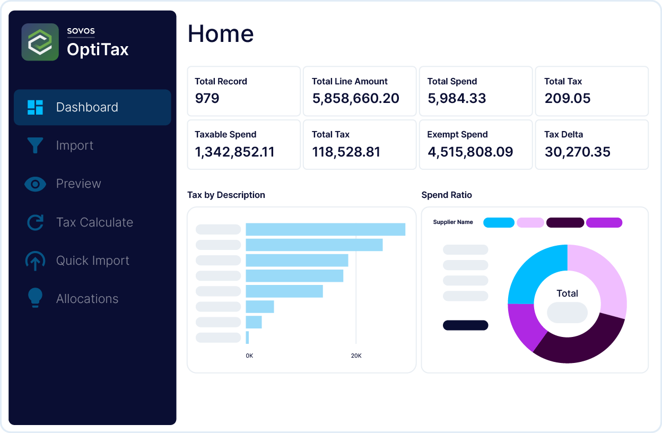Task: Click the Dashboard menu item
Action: point(87,107)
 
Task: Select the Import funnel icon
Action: point(35,145)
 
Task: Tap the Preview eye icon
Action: point(35,184)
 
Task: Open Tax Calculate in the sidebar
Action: point(94,222)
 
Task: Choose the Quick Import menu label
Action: point(93,261)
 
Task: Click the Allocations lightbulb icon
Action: point(35,298)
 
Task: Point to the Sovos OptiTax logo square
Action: point(40,42)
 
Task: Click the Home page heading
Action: point(221,33)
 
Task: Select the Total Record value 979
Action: point(207,98)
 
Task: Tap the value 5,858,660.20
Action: point(355,98)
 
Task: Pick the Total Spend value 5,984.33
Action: point(457,98)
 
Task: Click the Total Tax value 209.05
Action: point(567,98)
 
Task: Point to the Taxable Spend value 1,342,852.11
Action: point(234,152)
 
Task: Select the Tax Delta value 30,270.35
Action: point(577,152)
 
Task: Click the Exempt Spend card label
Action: point(457,135)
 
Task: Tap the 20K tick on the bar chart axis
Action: point(356,356)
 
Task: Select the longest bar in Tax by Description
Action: point(325,229)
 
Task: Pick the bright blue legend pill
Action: point(499,222)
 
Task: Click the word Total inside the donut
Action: point(567,293)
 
